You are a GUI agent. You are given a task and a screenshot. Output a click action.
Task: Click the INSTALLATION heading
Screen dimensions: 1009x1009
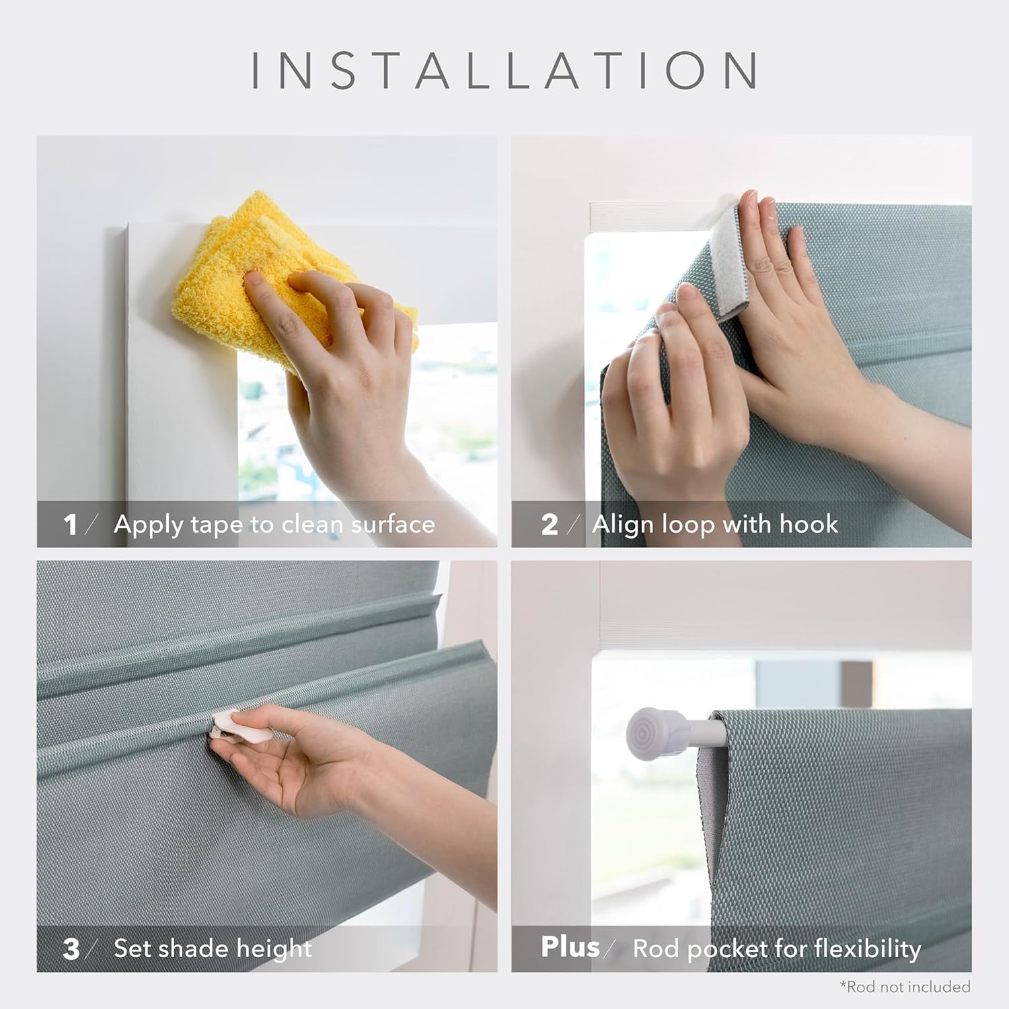coord(504,70)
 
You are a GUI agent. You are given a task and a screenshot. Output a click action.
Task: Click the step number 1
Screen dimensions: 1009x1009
coord(70,525)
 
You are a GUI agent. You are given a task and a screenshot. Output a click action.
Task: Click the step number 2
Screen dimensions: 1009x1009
coord(550,525)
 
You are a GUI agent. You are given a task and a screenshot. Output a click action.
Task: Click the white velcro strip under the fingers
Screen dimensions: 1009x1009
coord(730,262)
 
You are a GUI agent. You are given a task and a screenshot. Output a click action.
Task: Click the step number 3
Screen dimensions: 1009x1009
coord(71,949)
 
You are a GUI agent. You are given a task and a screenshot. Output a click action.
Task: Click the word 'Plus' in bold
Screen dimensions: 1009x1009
coord(570,946)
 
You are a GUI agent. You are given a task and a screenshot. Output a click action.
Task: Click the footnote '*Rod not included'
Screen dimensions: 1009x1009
coord(905,987)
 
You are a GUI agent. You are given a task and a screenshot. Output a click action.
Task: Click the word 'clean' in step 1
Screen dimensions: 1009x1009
coord(311,524)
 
